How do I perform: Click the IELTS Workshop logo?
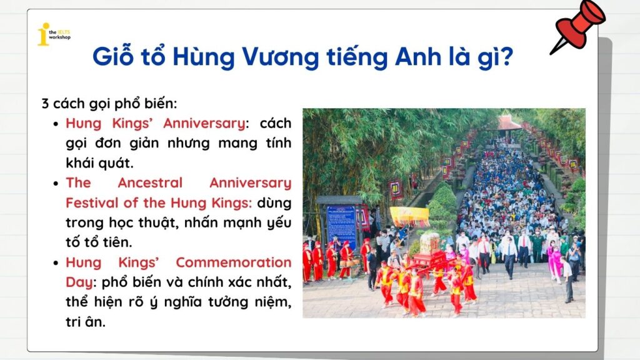pyautogui.click(x=53, y=34)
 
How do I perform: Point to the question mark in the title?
pyautogui.click(x=507, y=57)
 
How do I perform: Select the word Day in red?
pyautogui.click(x=79, y=282)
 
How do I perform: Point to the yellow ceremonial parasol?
pyautogui.click(x=409, y=216)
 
